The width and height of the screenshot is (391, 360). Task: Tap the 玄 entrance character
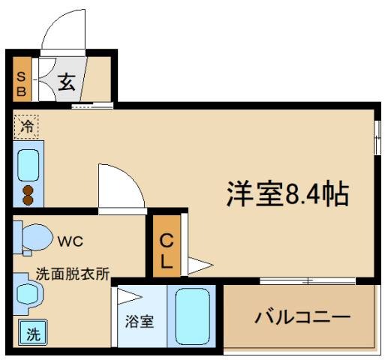pyautogui.click(x=67, y=82)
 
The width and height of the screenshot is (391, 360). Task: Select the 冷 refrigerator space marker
pyautogui.click(x=26, y=127)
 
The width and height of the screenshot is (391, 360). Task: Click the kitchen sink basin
pyautogui.click(x=29, y=165)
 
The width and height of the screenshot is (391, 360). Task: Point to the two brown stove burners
pyautogui.click(x=29, y=194)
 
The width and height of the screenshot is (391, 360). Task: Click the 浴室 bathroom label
pyautogui.click(x=139, y=322)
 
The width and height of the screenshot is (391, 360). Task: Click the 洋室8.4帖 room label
pyautogui.click(x=287, y=194)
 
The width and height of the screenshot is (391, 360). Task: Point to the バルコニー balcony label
pyautogui.click(x=300, y=316)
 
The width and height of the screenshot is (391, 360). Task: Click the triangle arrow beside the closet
pyautogui.click(x=199, y=265)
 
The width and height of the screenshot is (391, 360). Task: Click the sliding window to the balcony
pyautogui.click(x=308, y=281)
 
